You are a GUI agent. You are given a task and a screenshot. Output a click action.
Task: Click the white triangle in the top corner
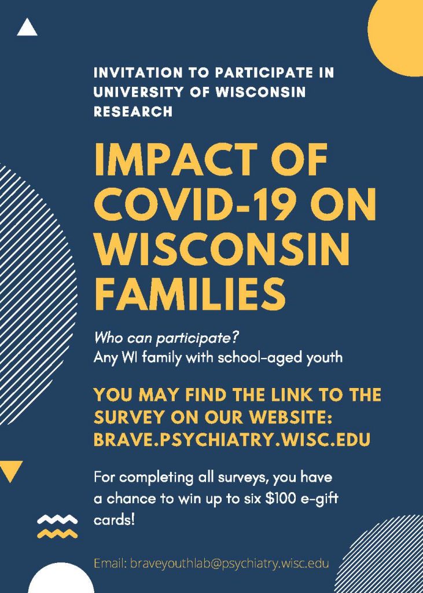27,28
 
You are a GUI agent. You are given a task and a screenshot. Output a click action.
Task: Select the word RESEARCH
133,112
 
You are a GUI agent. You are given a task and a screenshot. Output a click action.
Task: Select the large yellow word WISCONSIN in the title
222,248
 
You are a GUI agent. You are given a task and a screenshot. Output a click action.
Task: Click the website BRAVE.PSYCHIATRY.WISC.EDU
231,440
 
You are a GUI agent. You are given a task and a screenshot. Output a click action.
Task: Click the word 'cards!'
114,521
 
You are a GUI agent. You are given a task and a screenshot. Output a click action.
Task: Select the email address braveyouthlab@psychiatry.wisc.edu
211,563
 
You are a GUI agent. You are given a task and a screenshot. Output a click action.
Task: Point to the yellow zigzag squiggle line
57,533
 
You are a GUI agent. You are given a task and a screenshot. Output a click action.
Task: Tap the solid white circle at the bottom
61,579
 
